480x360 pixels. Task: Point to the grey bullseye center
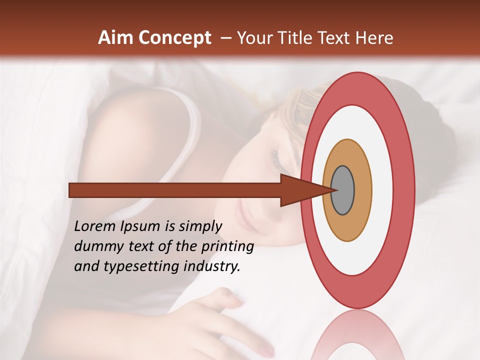pyautogui.click(x=343, y=190)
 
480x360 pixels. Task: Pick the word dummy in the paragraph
pyautogui.click(x=96, y=246)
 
